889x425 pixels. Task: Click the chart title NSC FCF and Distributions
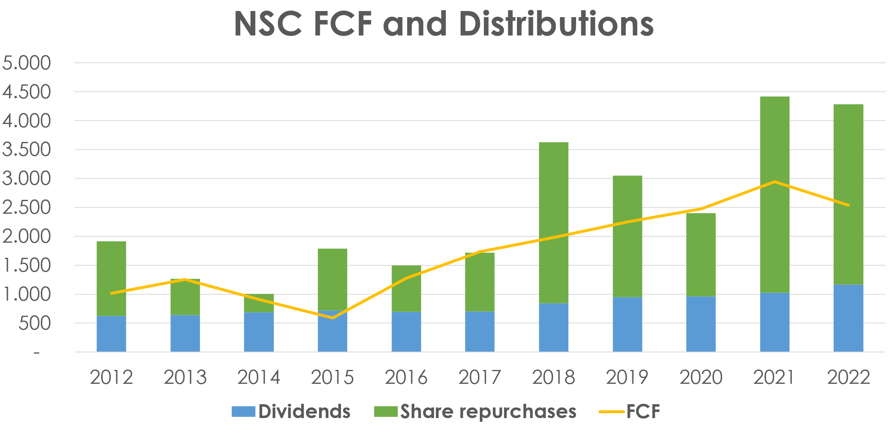[x=444, y=24]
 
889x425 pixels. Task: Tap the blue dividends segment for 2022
[x=848, y=318]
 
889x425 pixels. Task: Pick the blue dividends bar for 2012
[x=111, y=334]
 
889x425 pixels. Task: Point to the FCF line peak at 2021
[x=774, y=182]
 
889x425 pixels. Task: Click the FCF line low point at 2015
[x=333, y=318]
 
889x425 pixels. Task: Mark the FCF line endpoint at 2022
[x=848, y=205]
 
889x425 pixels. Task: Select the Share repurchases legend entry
[x=475, y=411]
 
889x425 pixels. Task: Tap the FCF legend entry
[x=630, y=411]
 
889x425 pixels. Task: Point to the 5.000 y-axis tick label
[x=27, y=63]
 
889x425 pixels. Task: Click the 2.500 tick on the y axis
[x=27, y=208]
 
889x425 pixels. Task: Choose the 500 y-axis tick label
[x=34, y=323]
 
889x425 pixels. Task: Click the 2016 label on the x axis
[x=406, y=377]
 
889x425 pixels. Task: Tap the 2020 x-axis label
[x=701, y=377]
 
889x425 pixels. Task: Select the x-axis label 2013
[x=185, y=377]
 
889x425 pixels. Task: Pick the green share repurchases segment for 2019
[x=627, y=237]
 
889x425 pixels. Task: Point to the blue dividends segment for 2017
[x=480, y=331]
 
